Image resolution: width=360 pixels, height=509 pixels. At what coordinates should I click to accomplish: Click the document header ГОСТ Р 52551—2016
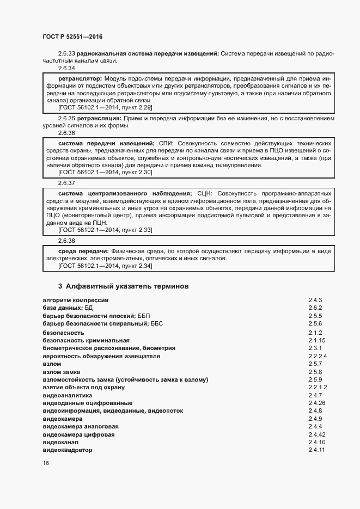(x=72, y=36)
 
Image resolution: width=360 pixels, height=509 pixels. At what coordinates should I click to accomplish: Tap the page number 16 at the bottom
(x=46, y=463)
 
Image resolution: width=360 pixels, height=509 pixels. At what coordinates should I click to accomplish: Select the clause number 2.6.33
(x=66, y=53)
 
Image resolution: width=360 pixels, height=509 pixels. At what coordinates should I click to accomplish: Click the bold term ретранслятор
(x=78, y=79)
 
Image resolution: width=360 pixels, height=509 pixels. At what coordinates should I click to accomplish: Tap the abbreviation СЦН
(x=202, y=193)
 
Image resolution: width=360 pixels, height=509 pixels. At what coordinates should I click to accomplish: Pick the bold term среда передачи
(x=82, y=251)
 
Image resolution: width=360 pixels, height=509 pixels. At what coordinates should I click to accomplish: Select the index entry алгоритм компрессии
(x=75, y=300)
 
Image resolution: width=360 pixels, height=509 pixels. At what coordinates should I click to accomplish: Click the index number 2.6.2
(x=315, y=308)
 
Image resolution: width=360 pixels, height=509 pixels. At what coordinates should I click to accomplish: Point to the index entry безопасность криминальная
(x=78, y=340)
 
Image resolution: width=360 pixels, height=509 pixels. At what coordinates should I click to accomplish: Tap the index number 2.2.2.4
(x=317, y=356)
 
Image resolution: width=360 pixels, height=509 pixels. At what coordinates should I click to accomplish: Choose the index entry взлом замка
(x=61, y=372)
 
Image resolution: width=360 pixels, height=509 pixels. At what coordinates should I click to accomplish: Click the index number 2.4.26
(x=316, y=403)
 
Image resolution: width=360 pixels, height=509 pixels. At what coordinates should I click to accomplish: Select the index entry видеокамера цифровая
(x=78, y=435)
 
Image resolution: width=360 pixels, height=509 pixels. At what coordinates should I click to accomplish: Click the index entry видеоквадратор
(x=68, y=451)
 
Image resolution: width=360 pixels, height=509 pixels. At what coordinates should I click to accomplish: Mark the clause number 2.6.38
(x=66, y=240)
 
